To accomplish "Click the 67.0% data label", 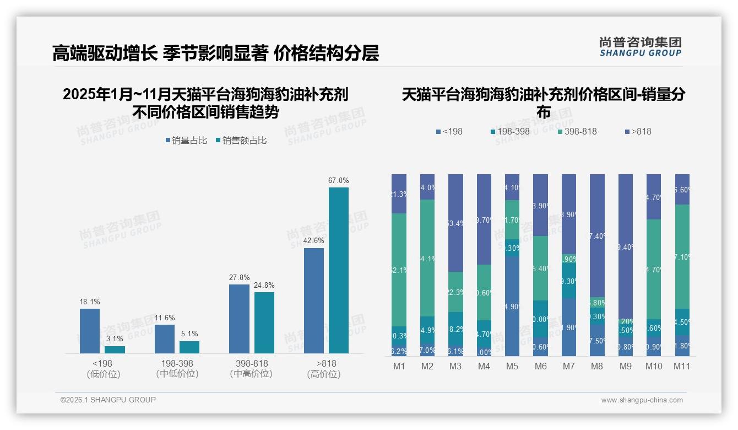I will point(339,180).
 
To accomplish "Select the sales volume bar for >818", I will point(314,300).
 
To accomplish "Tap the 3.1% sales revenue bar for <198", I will point(115,350).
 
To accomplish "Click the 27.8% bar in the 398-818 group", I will point(239,319).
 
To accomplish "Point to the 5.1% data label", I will point(189,334).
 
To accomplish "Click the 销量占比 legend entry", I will point(186,141).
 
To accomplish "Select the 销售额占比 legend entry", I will point(241,141).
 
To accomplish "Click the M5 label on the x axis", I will point(512,367).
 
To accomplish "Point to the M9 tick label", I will point(625,367).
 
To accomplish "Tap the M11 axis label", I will point(682,367).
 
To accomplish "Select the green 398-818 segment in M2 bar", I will point(427,257).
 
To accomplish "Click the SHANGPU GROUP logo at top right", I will point(640,47).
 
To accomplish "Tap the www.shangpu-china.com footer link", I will point(642,400).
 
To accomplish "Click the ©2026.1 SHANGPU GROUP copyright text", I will point(108,400).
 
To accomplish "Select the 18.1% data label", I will point(89,302).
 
